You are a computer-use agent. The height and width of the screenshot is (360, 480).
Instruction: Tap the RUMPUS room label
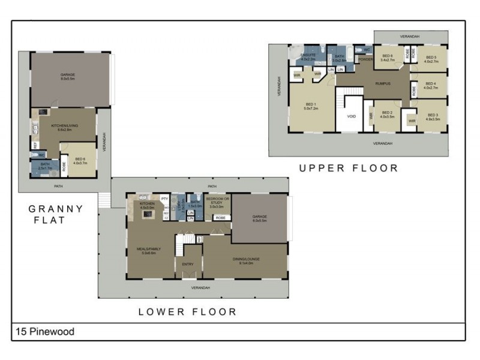click(x=383, y=83)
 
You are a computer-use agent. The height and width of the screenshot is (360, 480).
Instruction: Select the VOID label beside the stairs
click(x=350, y=116)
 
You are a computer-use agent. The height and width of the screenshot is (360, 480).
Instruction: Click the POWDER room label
click(x=365, y=59)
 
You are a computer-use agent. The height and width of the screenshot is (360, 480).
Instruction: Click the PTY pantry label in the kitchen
click(x=164, y=199)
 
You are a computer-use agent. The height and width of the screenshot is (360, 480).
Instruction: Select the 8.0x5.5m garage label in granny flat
click(x=67, y=76)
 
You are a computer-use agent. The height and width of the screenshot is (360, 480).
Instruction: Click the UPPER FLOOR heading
click(x=349, y=169)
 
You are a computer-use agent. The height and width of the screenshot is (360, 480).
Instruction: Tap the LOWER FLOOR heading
click(x=187, y=311)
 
